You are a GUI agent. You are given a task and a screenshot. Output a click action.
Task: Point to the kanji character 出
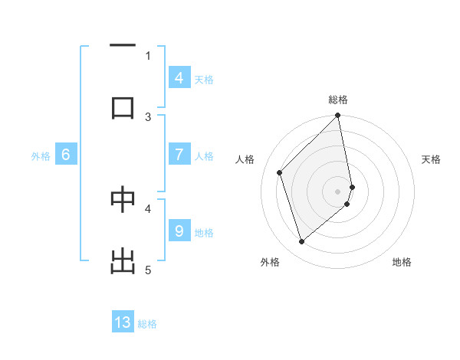point(123,261)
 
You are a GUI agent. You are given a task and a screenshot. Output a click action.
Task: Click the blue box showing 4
point(179,78)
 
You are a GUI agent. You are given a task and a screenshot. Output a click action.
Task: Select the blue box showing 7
point(179,155)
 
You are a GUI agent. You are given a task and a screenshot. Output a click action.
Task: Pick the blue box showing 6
point(66,155)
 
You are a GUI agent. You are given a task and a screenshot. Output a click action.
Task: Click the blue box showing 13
point(123,322)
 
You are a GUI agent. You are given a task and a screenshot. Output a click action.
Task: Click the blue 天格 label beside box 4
point(204,79)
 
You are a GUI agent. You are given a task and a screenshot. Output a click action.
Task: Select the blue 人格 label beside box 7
point(204,156)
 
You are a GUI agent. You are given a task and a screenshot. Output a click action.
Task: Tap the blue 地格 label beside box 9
point(204,233)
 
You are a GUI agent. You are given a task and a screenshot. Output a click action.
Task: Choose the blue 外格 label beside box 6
point(41,156)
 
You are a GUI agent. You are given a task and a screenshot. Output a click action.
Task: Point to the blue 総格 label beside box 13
point(147,324)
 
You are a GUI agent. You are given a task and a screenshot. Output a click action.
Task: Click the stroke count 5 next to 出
point(148,270)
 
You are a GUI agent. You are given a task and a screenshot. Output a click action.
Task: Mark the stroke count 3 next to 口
point(148,116)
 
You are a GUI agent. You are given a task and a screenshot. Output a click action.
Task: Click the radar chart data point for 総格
point(338,116)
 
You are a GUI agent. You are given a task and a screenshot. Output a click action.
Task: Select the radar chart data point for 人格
point(280,172)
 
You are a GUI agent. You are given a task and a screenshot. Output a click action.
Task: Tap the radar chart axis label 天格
point(431,159)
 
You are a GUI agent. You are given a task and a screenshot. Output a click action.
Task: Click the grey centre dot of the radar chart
point(338,191)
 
